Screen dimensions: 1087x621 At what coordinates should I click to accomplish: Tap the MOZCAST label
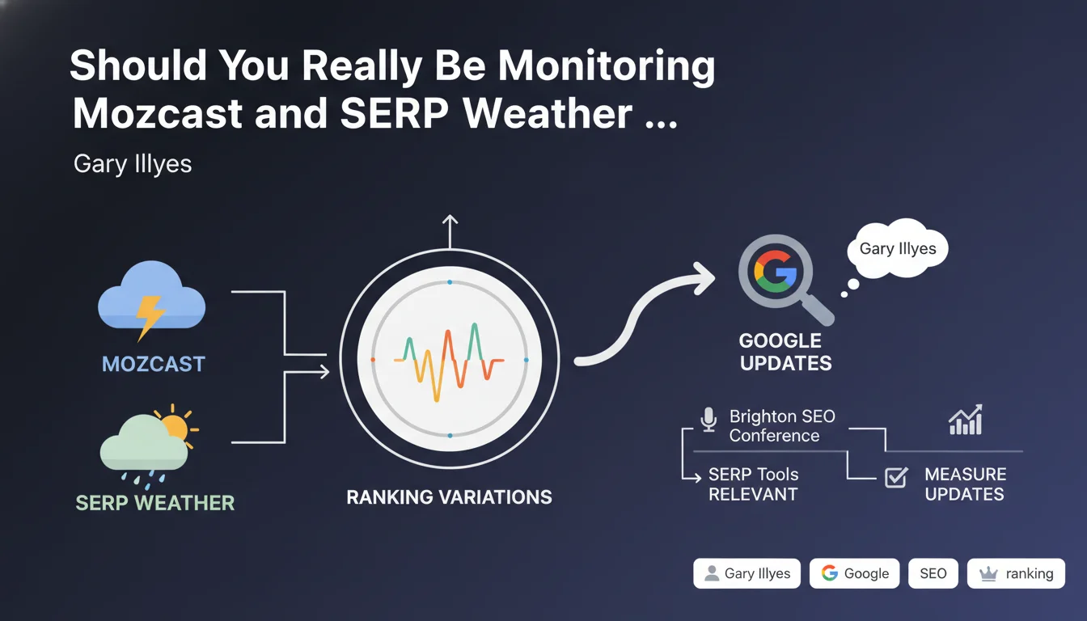(x=154, y=364)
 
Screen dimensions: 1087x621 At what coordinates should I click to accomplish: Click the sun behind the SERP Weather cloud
(x=176, y=427)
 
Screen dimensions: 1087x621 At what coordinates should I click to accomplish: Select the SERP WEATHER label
(x=154, y=503)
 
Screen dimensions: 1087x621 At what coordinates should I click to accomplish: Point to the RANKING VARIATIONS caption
(x=449, y=496)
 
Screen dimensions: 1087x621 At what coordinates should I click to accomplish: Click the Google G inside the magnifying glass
(x=775, y=271)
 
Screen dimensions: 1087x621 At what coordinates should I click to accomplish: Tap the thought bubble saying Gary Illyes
(x=898, y=248)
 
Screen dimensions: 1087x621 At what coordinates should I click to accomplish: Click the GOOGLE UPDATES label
(x=785, y=352)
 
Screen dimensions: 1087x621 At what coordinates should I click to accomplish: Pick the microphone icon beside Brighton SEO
(x=708, y=420)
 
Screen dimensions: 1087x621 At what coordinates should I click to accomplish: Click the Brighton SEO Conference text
(x=782, y=426)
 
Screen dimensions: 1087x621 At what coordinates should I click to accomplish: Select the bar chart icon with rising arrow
(x=966, y=420)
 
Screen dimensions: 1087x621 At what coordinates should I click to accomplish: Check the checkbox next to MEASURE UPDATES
(x=896, y=477)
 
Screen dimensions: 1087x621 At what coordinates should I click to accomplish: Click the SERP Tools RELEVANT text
(x=753, y=484)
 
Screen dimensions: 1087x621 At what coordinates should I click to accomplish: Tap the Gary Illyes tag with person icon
(x=747, y=573)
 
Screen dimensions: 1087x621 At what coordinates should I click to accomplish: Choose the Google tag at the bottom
(x=855, y=573)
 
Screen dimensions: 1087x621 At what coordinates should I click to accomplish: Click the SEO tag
(x=933, y=573)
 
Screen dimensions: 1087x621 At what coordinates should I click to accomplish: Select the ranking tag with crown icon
(x=1016, y=573)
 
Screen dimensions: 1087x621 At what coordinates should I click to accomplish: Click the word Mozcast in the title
(x=158, y=113)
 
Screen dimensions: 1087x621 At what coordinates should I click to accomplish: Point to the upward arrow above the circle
(x=450, y=231)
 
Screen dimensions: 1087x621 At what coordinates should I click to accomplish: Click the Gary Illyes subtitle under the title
(x=133, y=164)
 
